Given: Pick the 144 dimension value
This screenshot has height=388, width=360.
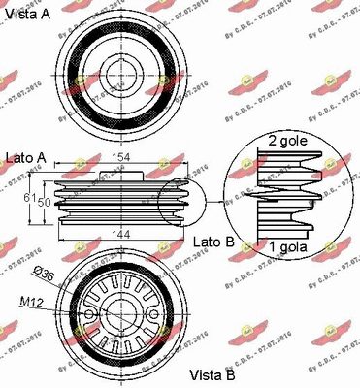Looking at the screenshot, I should click(x=121, y=234).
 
